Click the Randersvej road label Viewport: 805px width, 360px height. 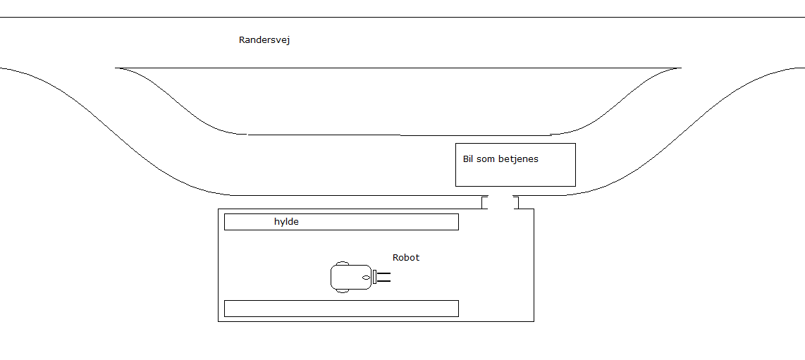pos(264,40)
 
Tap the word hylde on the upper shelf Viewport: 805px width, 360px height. pos(286,222)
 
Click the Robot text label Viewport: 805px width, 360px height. pos(406,258)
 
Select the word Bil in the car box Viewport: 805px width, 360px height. pos(468,159)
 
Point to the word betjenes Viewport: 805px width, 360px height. pos(518,159)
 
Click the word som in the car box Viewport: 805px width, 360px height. pos(486,159)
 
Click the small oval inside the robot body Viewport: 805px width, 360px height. pos(365,278)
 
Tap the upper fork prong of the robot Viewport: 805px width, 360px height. pos(384,273)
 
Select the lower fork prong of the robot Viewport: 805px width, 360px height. pos(384,281)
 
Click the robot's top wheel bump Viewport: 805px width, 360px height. pos(342,263)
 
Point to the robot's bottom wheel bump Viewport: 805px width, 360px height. pos(342,290)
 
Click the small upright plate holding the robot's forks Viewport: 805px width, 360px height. pos(375,277)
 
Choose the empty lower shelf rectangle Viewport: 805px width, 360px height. pos(341,308)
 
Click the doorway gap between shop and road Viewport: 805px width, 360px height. pos(500,203)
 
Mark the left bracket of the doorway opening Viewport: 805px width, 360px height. pos(484,203)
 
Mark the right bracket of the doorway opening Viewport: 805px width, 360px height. pos(517,203)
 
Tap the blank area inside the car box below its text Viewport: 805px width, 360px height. pos(515,175)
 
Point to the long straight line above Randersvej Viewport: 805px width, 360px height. pos(402,17)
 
